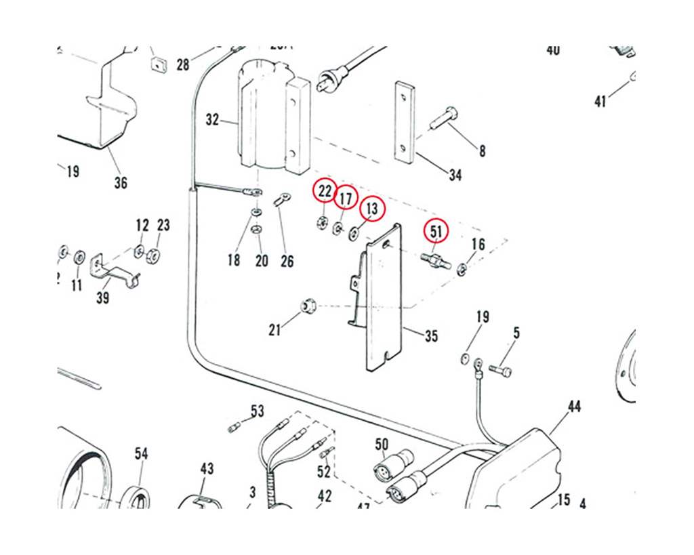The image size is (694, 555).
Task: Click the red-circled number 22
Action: coord(325,192)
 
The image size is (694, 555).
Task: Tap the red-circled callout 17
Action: coord(346,199)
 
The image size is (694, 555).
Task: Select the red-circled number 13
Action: coord(371,209)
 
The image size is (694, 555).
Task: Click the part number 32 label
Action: coord(213,120)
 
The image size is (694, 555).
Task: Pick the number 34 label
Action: coord(455,175)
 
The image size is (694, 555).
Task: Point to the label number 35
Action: coord(431,335)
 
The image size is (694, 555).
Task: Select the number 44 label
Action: coord(574,407)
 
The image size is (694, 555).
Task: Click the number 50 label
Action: coord(382,444)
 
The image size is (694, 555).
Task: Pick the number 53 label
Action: coord(257,411)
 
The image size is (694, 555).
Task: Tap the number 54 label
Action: coord(141,453)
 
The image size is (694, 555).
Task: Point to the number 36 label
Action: coord(120,182)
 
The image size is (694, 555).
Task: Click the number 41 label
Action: coord(600,102)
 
